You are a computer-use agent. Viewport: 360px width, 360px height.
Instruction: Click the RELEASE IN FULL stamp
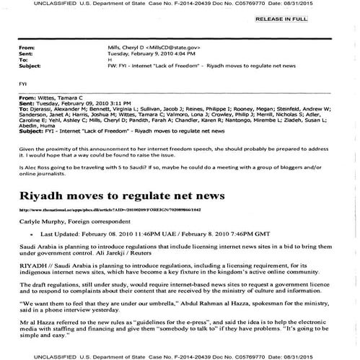click(323, 19)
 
